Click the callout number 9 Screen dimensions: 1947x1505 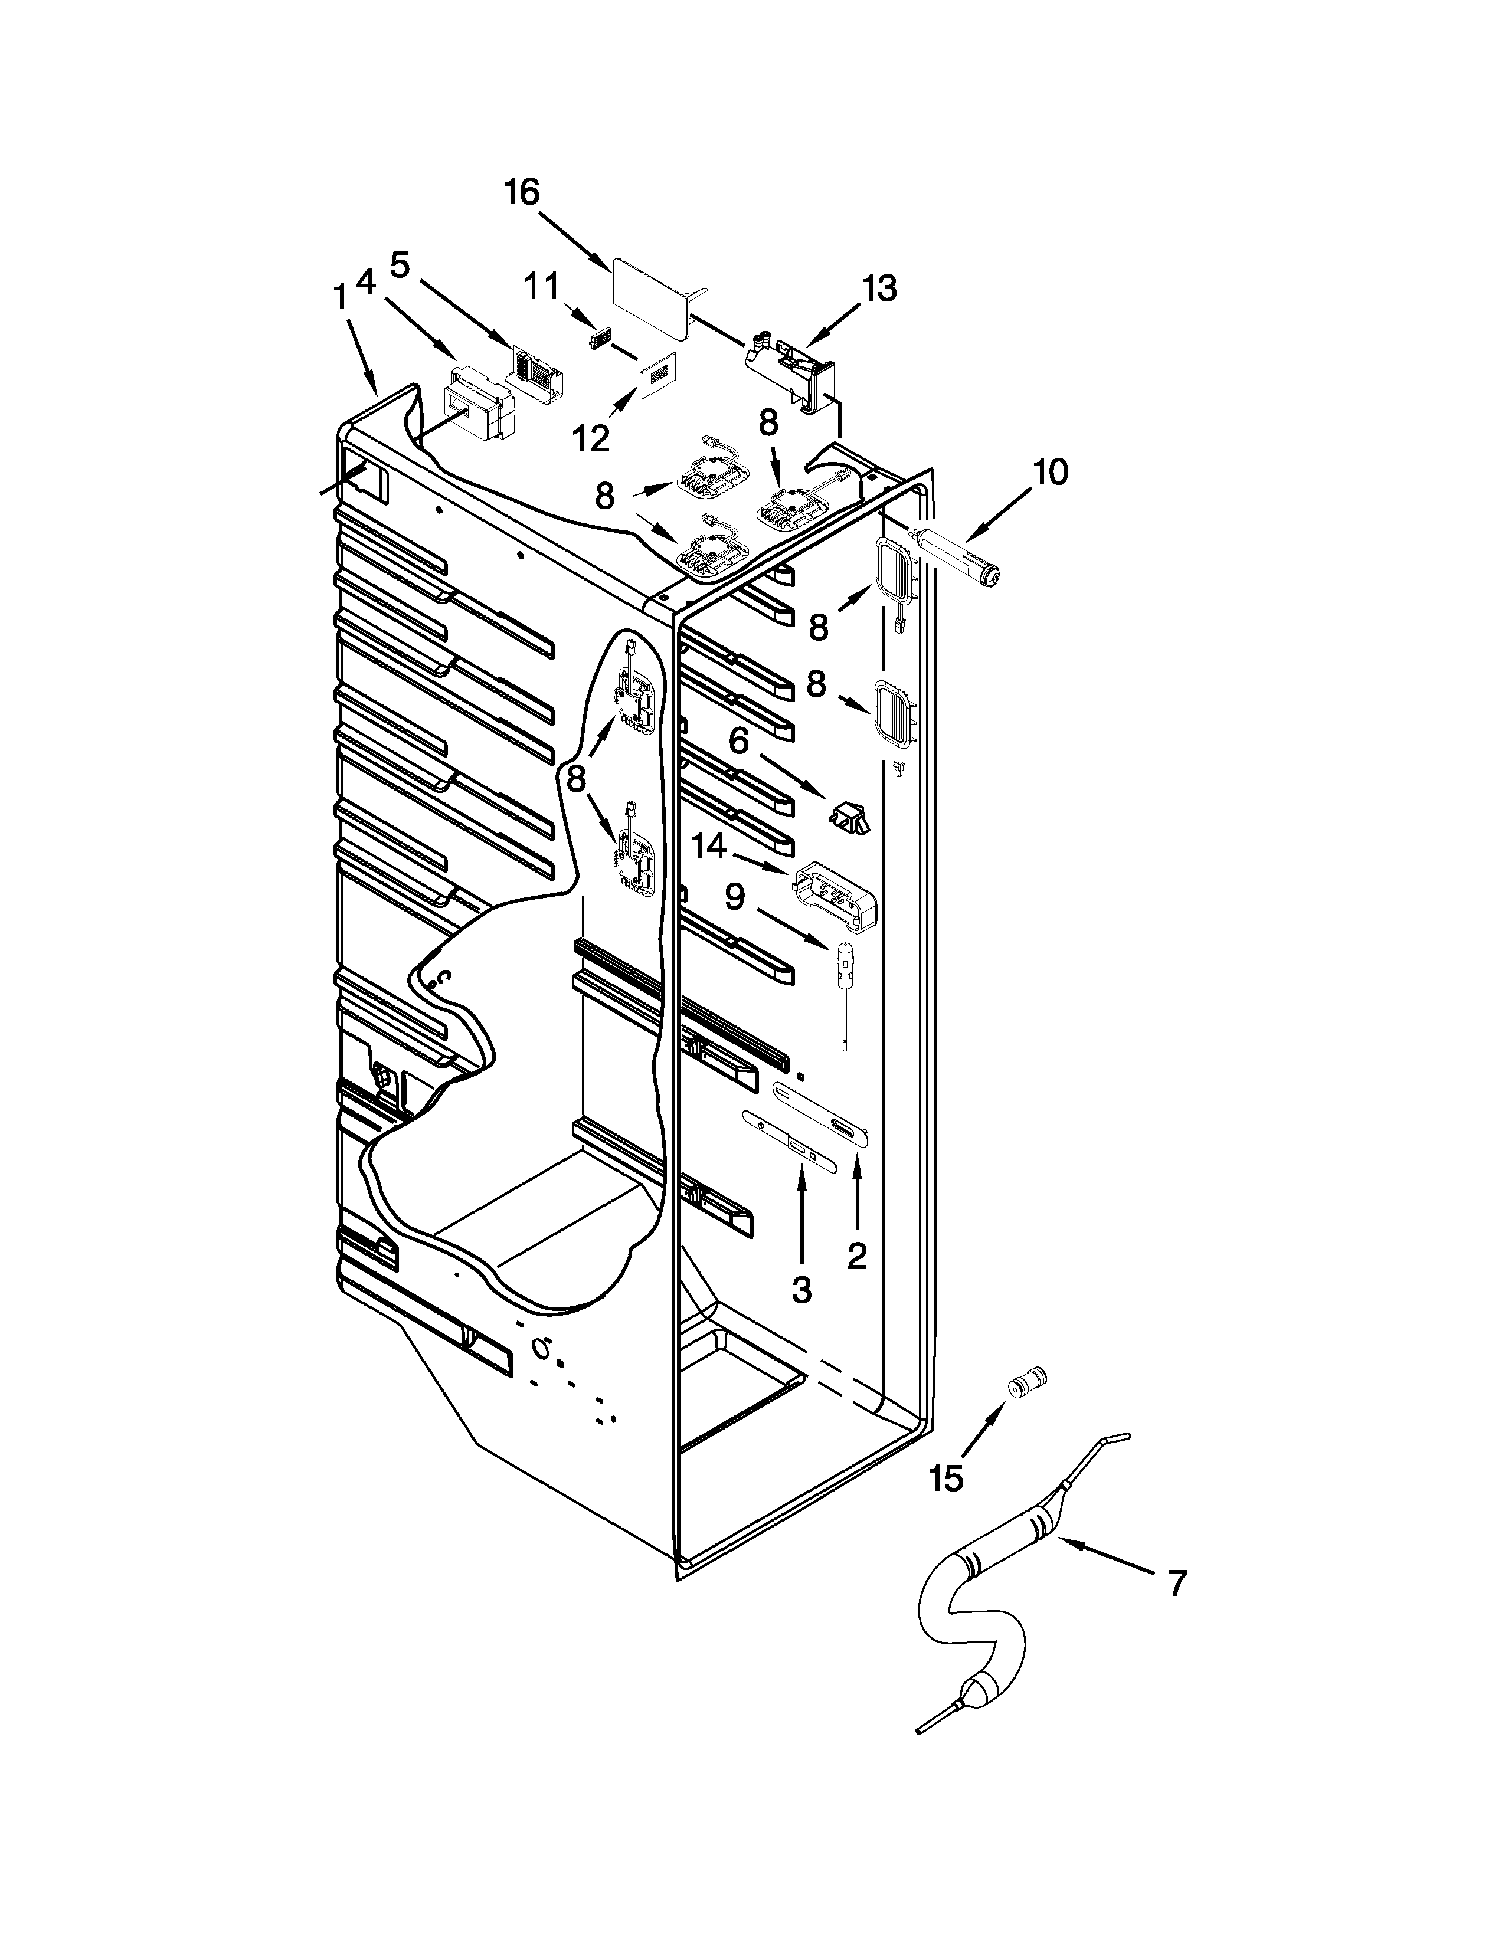coord(733,897)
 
